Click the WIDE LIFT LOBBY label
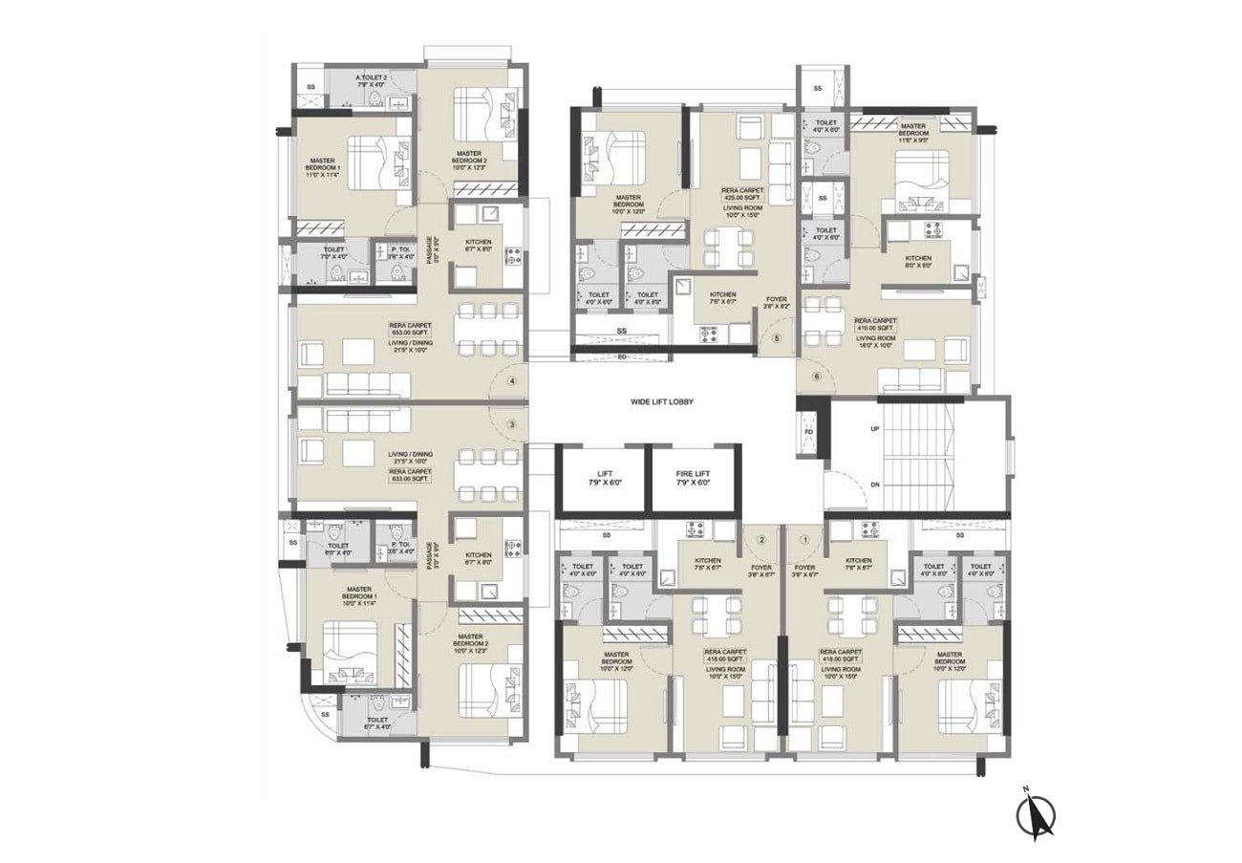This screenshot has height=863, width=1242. pyautogui.click(x=661, y=402)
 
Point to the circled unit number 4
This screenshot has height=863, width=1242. pyautogui.click(x=513, y=381)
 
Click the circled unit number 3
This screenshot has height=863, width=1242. pyautogui.click(x=513, y=424)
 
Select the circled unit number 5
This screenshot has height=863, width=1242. pyautogui.click(x=777, y=338)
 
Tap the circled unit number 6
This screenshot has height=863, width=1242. pyautogui.click(x=816, y=376)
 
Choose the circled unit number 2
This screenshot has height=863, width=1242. pyautogui.click(x=761, y=539)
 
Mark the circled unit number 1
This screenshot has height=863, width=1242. pyautogui.click(x=804, y=539)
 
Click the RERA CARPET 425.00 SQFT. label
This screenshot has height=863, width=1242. pyautogui.click(x=741, y=197)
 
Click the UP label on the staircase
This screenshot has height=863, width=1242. pyautogui.click(x=874, y=430)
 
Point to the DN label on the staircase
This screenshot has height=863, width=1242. pyautogui.click(x=874, y=485)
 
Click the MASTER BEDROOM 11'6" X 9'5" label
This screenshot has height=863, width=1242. pyautogui.click(x=912, y=132)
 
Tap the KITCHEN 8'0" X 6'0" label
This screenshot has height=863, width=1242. pyautogui.click(x=918, y=262)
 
